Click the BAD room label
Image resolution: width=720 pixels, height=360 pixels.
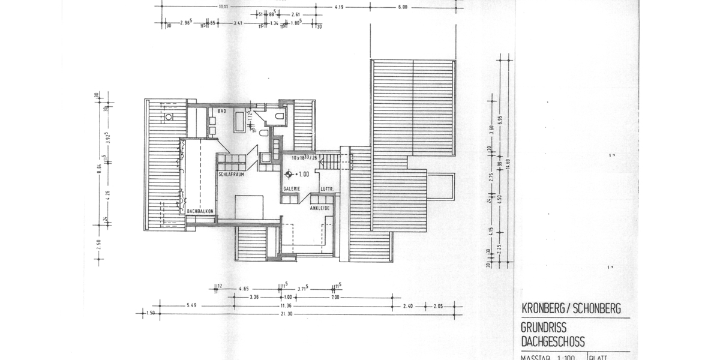(x=221, y=112)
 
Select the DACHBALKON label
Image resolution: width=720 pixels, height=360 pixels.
(x=200, y=211)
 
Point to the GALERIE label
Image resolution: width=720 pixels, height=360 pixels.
(x=292, y=188)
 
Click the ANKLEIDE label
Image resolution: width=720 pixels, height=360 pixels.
(x=321, y=208)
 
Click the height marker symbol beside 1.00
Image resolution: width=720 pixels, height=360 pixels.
(x=289, y=175)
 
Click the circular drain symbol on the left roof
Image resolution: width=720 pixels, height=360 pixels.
(x=169, y=116)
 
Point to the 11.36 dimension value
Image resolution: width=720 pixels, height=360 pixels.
(x=285, y=305)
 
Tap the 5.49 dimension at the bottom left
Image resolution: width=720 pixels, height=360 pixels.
(x=192, y=305)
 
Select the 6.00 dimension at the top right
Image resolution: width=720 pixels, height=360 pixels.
(x=402, y=7)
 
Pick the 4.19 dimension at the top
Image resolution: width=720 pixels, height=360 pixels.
(x=339, y=7)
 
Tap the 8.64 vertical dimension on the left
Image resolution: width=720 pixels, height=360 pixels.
(x=100, y=174)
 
